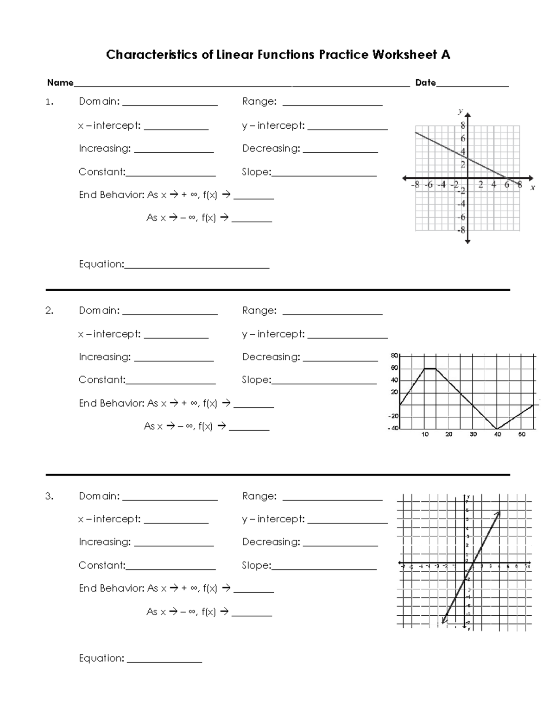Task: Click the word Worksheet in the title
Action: pyautogui.click(x=404, y=55)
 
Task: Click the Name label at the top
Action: pyautogui.click(x=60, y=83)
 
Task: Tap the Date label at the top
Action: pyautogui.click(x=425, y=83)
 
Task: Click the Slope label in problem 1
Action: pyautogui.click(x=256, y=172)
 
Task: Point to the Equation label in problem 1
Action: pyautogui.click(x=101, y=264)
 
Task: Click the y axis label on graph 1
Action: pyautogui.click(x=460, y=111)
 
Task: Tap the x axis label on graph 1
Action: pyautogui.click(x=532, y=188)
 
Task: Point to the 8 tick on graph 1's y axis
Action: pyautogui.click(x=462, y=125)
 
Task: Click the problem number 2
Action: pyautogui.click(x=50, y=311)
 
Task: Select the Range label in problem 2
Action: pyautogui.click(x=259, y=311)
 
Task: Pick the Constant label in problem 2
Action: pyautogui.click(x=101, y=380)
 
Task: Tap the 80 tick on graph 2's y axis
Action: pyautogui.click(x=394, y=356)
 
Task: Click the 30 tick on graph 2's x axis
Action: pyautogui.click(x=473, y=435)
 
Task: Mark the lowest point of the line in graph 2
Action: pyautogui.click(x=497, y=429)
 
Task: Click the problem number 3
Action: pyautogui.click(x=50, y=496)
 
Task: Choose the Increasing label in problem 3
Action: pyautogui.click(x=104, y=542)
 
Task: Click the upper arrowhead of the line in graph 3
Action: pyautogui.click(x=499, y=513)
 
